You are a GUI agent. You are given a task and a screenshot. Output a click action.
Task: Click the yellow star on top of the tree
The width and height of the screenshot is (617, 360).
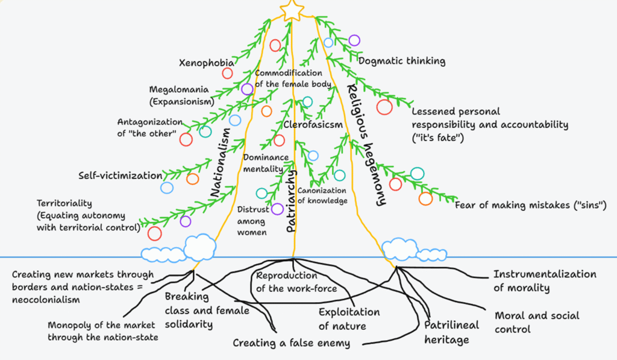tap(293, 8)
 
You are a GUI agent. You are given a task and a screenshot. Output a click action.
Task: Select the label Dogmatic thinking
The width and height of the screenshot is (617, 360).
tap(402, 60)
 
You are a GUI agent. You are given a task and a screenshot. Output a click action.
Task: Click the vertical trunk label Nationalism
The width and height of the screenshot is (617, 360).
tap(221, 162)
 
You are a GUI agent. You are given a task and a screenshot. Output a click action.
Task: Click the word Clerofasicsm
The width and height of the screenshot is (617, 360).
tap(313, 125)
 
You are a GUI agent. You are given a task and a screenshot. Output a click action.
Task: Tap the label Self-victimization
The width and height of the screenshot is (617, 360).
tap(120, 176)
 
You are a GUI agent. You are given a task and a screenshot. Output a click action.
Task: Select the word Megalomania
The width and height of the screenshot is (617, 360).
tap(179, 90)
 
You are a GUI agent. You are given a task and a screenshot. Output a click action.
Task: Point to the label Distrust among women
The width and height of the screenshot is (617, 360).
tap(252, 221)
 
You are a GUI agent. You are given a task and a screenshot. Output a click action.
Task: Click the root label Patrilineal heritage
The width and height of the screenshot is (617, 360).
tap(452, 332)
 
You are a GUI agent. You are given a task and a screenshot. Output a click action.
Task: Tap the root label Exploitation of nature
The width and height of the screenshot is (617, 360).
tap(349, 319)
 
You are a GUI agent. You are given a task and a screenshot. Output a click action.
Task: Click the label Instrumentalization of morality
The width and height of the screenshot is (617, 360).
tap(545, 280)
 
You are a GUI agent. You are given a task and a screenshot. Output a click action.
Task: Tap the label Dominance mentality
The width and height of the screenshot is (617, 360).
tap(263, 163)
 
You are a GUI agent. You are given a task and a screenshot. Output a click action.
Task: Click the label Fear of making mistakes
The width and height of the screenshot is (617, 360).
tap(530, 206)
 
